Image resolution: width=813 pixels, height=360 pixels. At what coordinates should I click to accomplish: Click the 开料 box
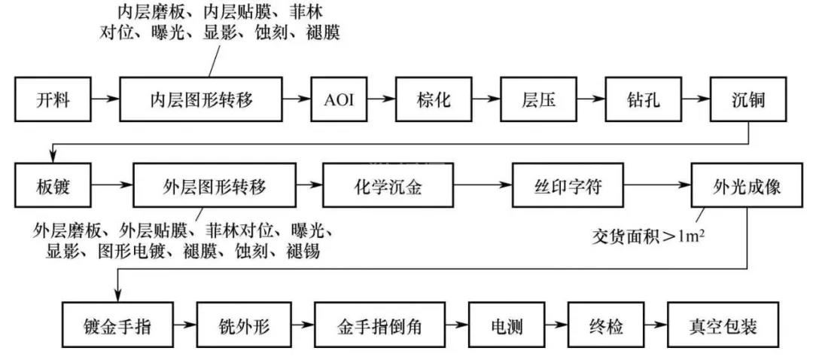pyautogui.click(x=52, y=99)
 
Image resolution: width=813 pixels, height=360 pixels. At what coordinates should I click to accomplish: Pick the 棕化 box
pyautogui.click(x=434, y=99)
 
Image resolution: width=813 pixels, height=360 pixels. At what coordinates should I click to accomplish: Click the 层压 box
pyautogui.click(x=538, y=99)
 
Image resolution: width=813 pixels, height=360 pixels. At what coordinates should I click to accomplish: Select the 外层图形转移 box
pyautogui.click(x=215, y=186)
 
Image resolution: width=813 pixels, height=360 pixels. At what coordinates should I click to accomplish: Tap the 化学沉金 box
pyautogui.click(x=388, y=186)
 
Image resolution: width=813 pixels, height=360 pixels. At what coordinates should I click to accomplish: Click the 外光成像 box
pyautogui.click(x=746, y=186)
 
